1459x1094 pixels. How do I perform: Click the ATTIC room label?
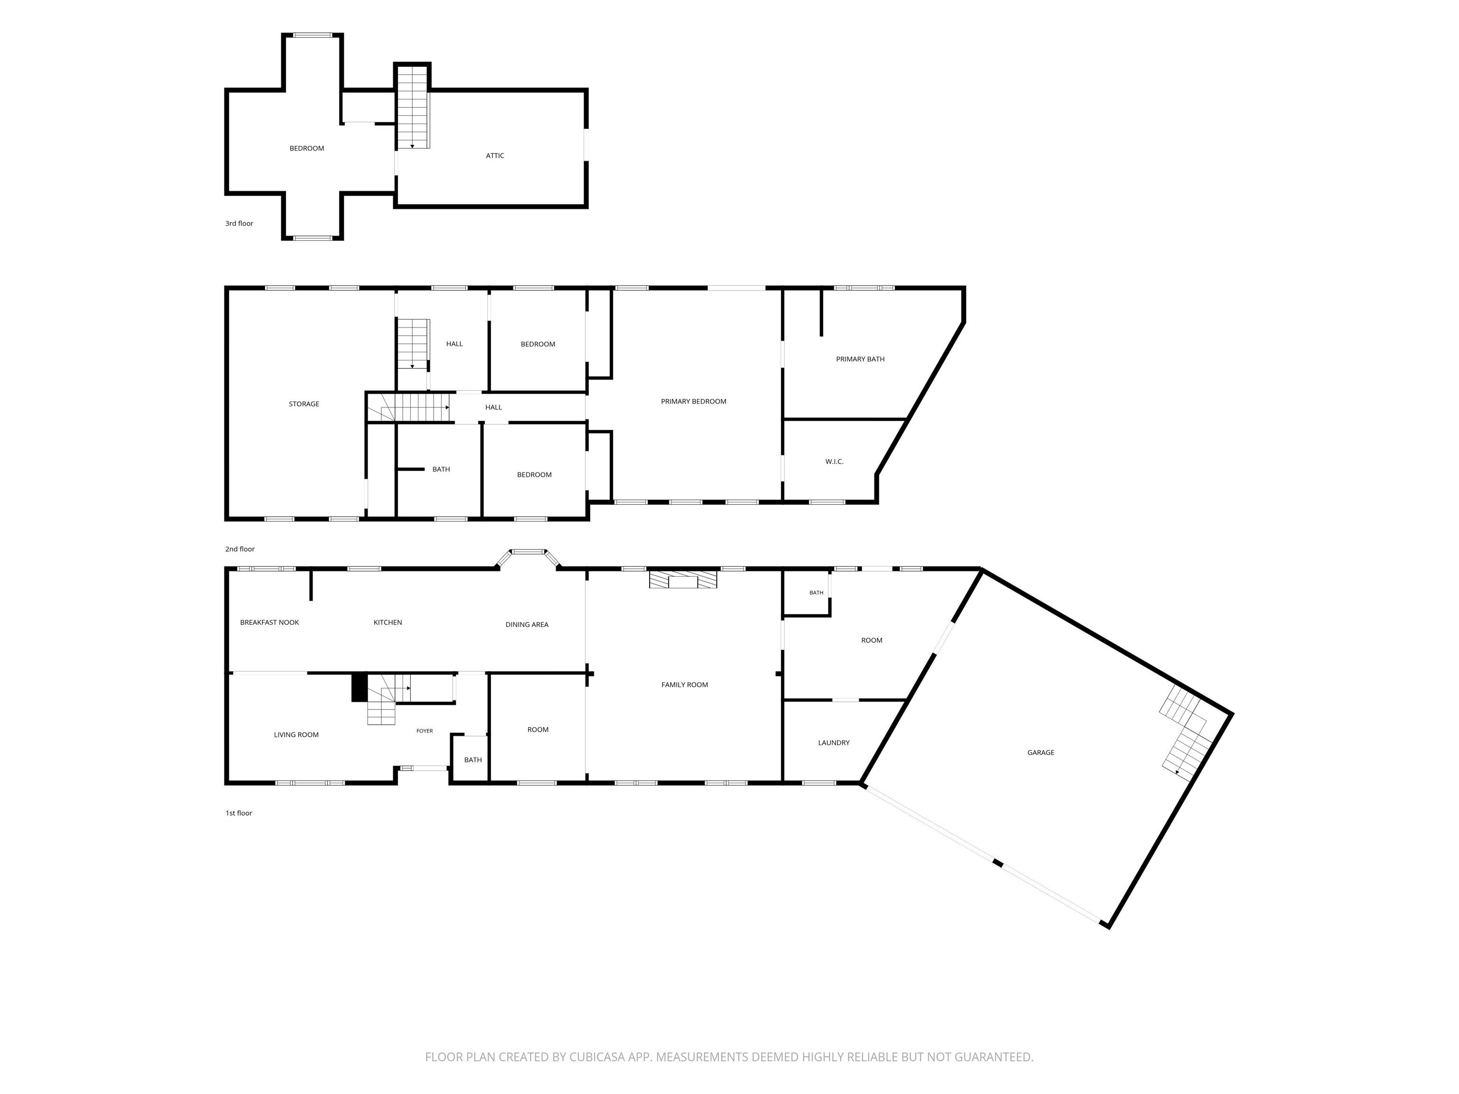click(x=495, y=156)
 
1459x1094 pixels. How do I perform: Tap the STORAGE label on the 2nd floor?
click(x=304, y=404)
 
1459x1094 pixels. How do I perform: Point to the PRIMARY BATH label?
click(x=860, y=359)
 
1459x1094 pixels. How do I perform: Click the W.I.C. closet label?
click(x=834, y=462)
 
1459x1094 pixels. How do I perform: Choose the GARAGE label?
click(x=1041, y=753)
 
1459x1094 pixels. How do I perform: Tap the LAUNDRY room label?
click(x=834, y=743)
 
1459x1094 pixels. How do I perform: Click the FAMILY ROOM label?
click(x=685, y=685)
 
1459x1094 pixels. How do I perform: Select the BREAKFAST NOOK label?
click(x=269, y=622)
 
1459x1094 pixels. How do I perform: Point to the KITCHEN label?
click(x=388, y=622)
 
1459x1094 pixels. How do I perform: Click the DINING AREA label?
click(x=527, y=624)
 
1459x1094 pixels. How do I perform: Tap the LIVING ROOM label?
click(x=296, y=735)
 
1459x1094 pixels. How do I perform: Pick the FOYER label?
click(x=425, y=731)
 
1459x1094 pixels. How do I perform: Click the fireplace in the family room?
click(x=682, y=579)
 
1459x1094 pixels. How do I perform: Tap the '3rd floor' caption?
click(x=239, y=224)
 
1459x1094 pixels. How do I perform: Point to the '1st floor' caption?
click(x=239, y=813)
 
